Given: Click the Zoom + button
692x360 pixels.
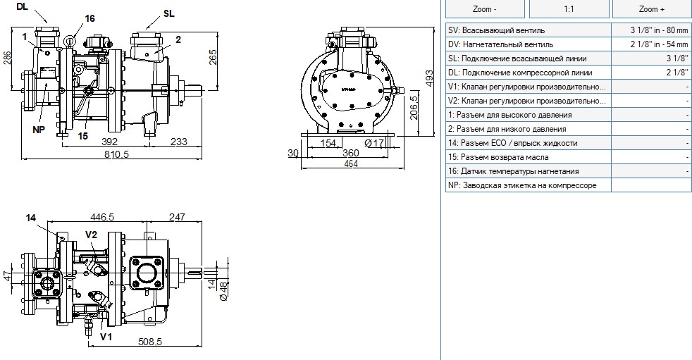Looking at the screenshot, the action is click(x=651, y=9).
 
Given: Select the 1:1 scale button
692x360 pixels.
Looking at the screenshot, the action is click(x=569, y=9).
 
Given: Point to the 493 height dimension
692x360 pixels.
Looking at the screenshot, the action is click(x=428, y=78).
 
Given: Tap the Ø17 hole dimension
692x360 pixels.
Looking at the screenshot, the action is click(x=373, y=142).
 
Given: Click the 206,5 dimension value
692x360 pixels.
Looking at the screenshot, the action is click(x=414, y=108).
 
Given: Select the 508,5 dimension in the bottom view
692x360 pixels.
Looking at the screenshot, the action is click(x=150, y=342).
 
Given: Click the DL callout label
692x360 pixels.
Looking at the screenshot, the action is click(x=23, y=6).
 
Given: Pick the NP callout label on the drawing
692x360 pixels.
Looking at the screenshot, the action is click(x=39, y=130).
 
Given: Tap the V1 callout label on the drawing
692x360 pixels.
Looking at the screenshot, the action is click(x=106, y=337).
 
